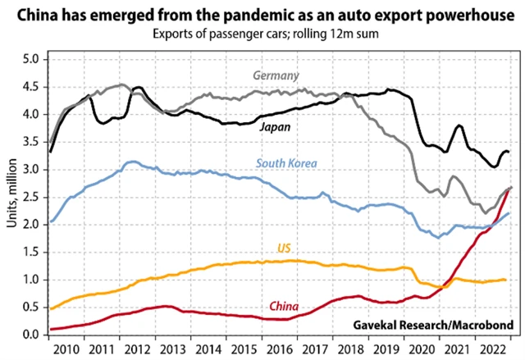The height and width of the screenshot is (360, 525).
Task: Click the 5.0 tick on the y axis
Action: (31, 59)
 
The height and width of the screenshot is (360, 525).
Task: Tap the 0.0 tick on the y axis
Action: (31, 335)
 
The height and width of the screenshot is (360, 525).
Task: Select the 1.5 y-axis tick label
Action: (31, 252)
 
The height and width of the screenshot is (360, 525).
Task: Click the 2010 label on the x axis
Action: (68, 348)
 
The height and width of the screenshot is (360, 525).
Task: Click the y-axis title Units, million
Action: (11, 197)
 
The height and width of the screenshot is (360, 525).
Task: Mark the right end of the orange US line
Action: (504, 280)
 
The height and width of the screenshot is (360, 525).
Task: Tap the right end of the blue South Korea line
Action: (509, 213)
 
